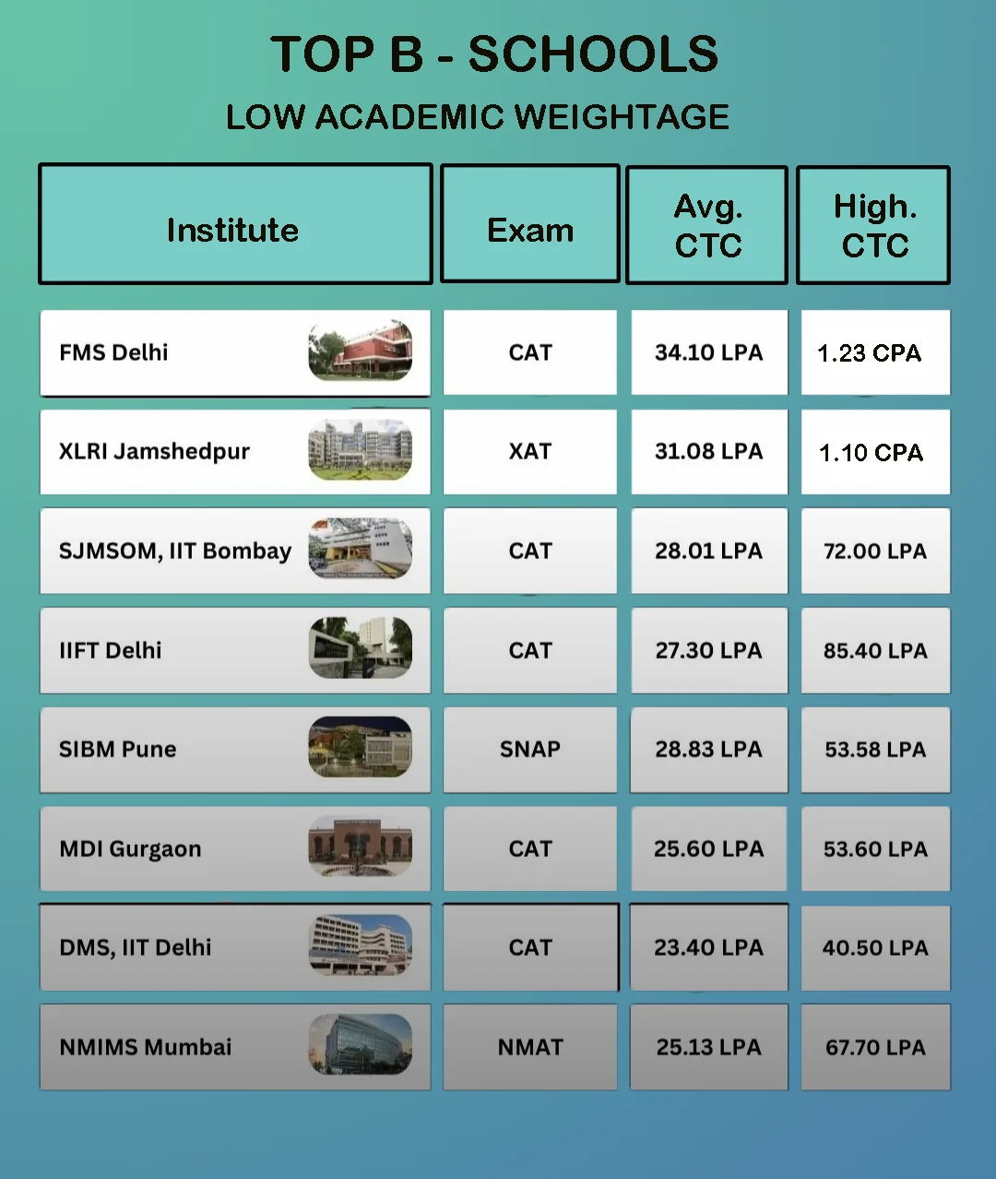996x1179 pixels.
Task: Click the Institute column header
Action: coord(233,230)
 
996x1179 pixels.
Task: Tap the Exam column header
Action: coord(530,230)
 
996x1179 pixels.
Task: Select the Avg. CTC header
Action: coord(708,226)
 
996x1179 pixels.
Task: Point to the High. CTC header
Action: coord(874,226)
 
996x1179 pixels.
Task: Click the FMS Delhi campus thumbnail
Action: coord(361,351)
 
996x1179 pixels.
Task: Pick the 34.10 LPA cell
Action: coord(708,352)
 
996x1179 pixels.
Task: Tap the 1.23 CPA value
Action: coord(869,353)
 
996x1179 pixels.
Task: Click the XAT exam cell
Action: coord(530,451)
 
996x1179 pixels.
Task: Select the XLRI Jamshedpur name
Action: coord(154,451)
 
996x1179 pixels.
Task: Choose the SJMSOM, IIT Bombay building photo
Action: coord(361,550)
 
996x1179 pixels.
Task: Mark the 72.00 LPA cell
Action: coord(874,551)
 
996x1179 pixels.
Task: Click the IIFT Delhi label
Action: coord(111,650)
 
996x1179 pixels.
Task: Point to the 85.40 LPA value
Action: coord(874,650)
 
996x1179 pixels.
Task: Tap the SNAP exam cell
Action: coord(530,749)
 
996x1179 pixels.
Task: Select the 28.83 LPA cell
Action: coord(708,749)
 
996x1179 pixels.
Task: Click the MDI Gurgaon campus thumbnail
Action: coord(361,847)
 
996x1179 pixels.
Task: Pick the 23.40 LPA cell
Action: coord(708,947)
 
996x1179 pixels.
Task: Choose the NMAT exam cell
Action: coord(530,1047)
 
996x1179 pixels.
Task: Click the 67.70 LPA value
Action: coord(874,1047)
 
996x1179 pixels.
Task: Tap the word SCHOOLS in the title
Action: coord(593,54)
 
